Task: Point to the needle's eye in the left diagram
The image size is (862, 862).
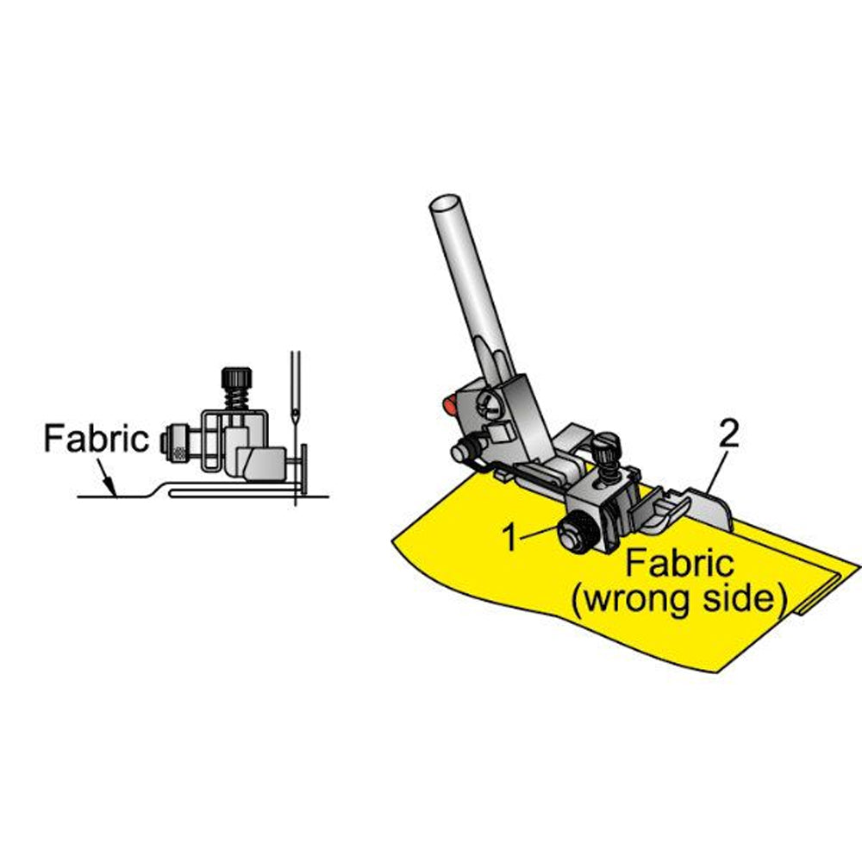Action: point(296,413)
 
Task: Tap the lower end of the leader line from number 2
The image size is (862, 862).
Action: point(707,492)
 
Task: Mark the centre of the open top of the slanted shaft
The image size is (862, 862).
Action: point(445,203)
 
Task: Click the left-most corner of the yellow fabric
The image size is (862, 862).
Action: point(392,540)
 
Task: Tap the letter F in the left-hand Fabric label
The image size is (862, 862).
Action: point(53,439)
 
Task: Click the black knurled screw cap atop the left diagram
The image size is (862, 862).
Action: point(236,378)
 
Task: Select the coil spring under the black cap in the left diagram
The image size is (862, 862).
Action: point(237,397)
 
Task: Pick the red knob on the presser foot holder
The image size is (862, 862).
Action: point(449,404)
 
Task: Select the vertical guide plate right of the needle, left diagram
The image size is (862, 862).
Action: point(303,468)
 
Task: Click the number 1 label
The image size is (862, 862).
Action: point(511,537)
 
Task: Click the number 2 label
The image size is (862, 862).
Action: point(729,434)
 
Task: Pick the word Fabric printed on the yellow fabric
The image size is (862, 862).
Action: point(679,563)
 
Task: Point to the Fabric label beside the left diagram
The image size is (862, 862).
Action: point(97,439)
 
